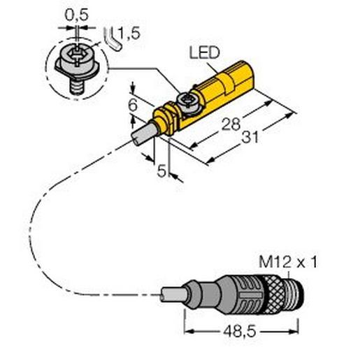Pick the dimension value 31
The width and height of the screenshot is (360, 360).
(246, 139)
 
